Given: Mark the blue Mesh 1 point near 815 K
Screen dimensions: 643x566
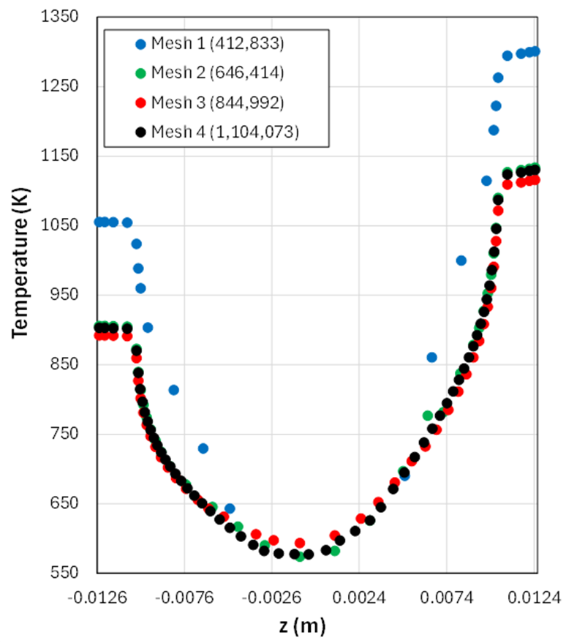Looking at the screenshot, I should point(173,390).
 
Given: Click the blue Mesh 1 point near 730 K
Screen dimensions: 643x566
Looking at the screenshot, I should point(203,448).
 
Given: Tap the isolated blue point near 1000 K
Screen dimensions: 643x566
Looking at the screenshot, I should point(461,260).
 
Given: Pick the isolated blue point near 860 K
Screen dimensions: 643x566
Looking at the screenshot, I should point(431,357).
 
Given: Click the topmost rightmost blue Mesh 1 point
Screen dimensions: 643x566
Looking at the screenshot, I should point(535,51).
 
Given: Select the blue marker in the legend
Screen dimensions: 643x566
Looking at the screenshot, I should point(140,45).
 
